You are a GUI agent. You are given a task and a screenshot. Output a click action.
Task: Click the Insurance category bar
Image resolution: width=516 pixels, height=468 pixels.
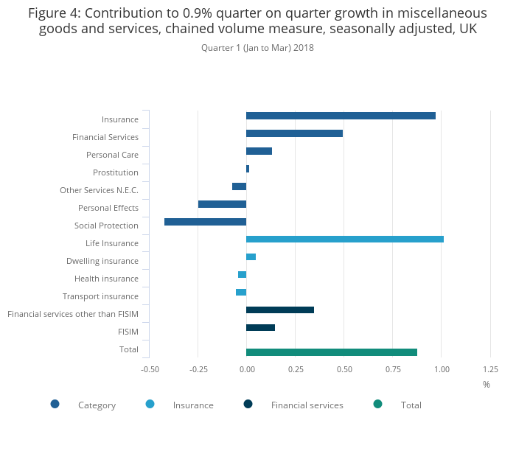pyautogui.click(x=341, y=116)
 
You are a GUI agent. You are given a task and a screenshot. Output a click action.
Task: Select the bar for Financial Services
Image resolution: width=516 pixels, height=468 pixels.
pyautogui.click(x=294, y=133)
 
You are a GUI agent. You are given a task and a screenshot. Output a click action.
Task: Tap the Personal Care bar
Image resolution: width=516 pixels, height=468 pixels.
pyautogui.click(x=259, y=151)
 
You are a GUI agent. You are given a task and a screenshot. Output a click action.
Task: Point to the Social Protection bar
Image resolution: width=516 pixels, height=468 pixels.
pyautogui.click(x=205, y=222)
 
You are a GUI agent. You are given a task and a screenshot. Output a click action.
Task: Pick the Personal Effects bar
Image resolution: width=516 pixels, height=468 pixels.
pyautogui.click(x=222, y=204)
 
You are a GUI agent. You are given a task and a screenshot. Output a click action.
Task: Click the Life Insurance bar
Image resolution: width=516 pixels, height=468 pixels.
pyautogui.click(x=344, y=240)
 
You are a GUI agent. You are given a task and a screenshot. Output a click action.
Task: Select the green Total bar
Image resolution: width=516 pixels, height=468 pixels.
pyautogui.click(x=331, y=352)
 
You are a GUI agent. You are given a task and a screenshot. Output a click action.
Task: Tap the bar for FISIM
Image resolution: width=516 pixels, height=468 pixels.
pyautogui.click(x=260, y=327)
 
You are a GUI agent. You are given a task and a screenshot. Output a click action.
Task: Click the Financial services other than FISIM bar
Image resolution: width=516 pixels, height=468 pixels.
pyautogui.click(x=279, y=310)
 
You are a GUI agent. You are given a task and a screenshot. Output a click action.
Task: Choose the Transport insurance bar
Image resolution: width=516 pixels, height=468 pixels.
pyautogui.click(x=241, y=293)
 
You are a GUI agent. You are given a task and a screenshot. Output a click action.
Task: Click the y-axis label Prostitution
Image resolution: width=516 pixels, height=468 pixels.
pyautogui.click(x=116, y=172)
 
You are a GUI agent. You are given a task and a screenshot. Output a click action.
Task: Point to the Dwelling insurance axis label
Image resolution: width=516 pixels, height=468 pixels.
pyautogui.click(x=102, y=261)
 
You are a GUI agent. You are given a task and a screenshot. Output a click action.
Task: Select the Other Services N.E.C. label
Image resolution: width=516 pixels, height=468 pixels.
pyautogui.click(x=99, y=190)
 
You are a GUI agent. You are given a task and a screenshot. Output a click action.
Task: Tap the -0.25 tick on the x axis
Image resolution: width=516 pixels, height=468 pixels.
pyautogui.click(x=198, y=369)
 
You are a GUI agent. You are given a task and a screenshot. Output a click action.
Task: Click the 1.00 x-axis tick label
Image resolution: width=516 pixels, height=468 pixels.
pyautogui.click(x=441, y=369)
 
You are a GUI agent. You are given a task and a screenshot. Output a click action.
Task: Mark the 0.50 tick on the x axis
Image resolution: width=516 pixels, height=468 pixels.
pyautogui.click(x=344, y=369)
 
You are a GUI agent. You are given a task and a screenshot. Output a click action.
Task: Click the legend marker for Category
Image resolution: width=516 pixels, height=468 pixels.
pyautogui.click(x=55, y=404)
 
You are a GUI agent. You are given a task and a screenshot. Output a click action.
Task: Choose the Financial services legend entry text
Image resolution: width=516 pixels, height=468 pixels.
pyautogui.click(x=307, y=405)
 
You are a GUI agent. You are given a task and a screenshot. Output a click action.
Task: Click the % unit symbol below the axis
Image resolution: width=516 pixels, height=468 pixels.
pyautogui.click(x=487, y=384)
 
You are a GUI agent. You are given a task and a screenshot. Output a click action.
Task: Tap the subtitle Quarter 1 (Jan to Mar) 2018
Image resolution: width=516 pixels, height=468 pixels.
pyautogui.click(x=257, y=48)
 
